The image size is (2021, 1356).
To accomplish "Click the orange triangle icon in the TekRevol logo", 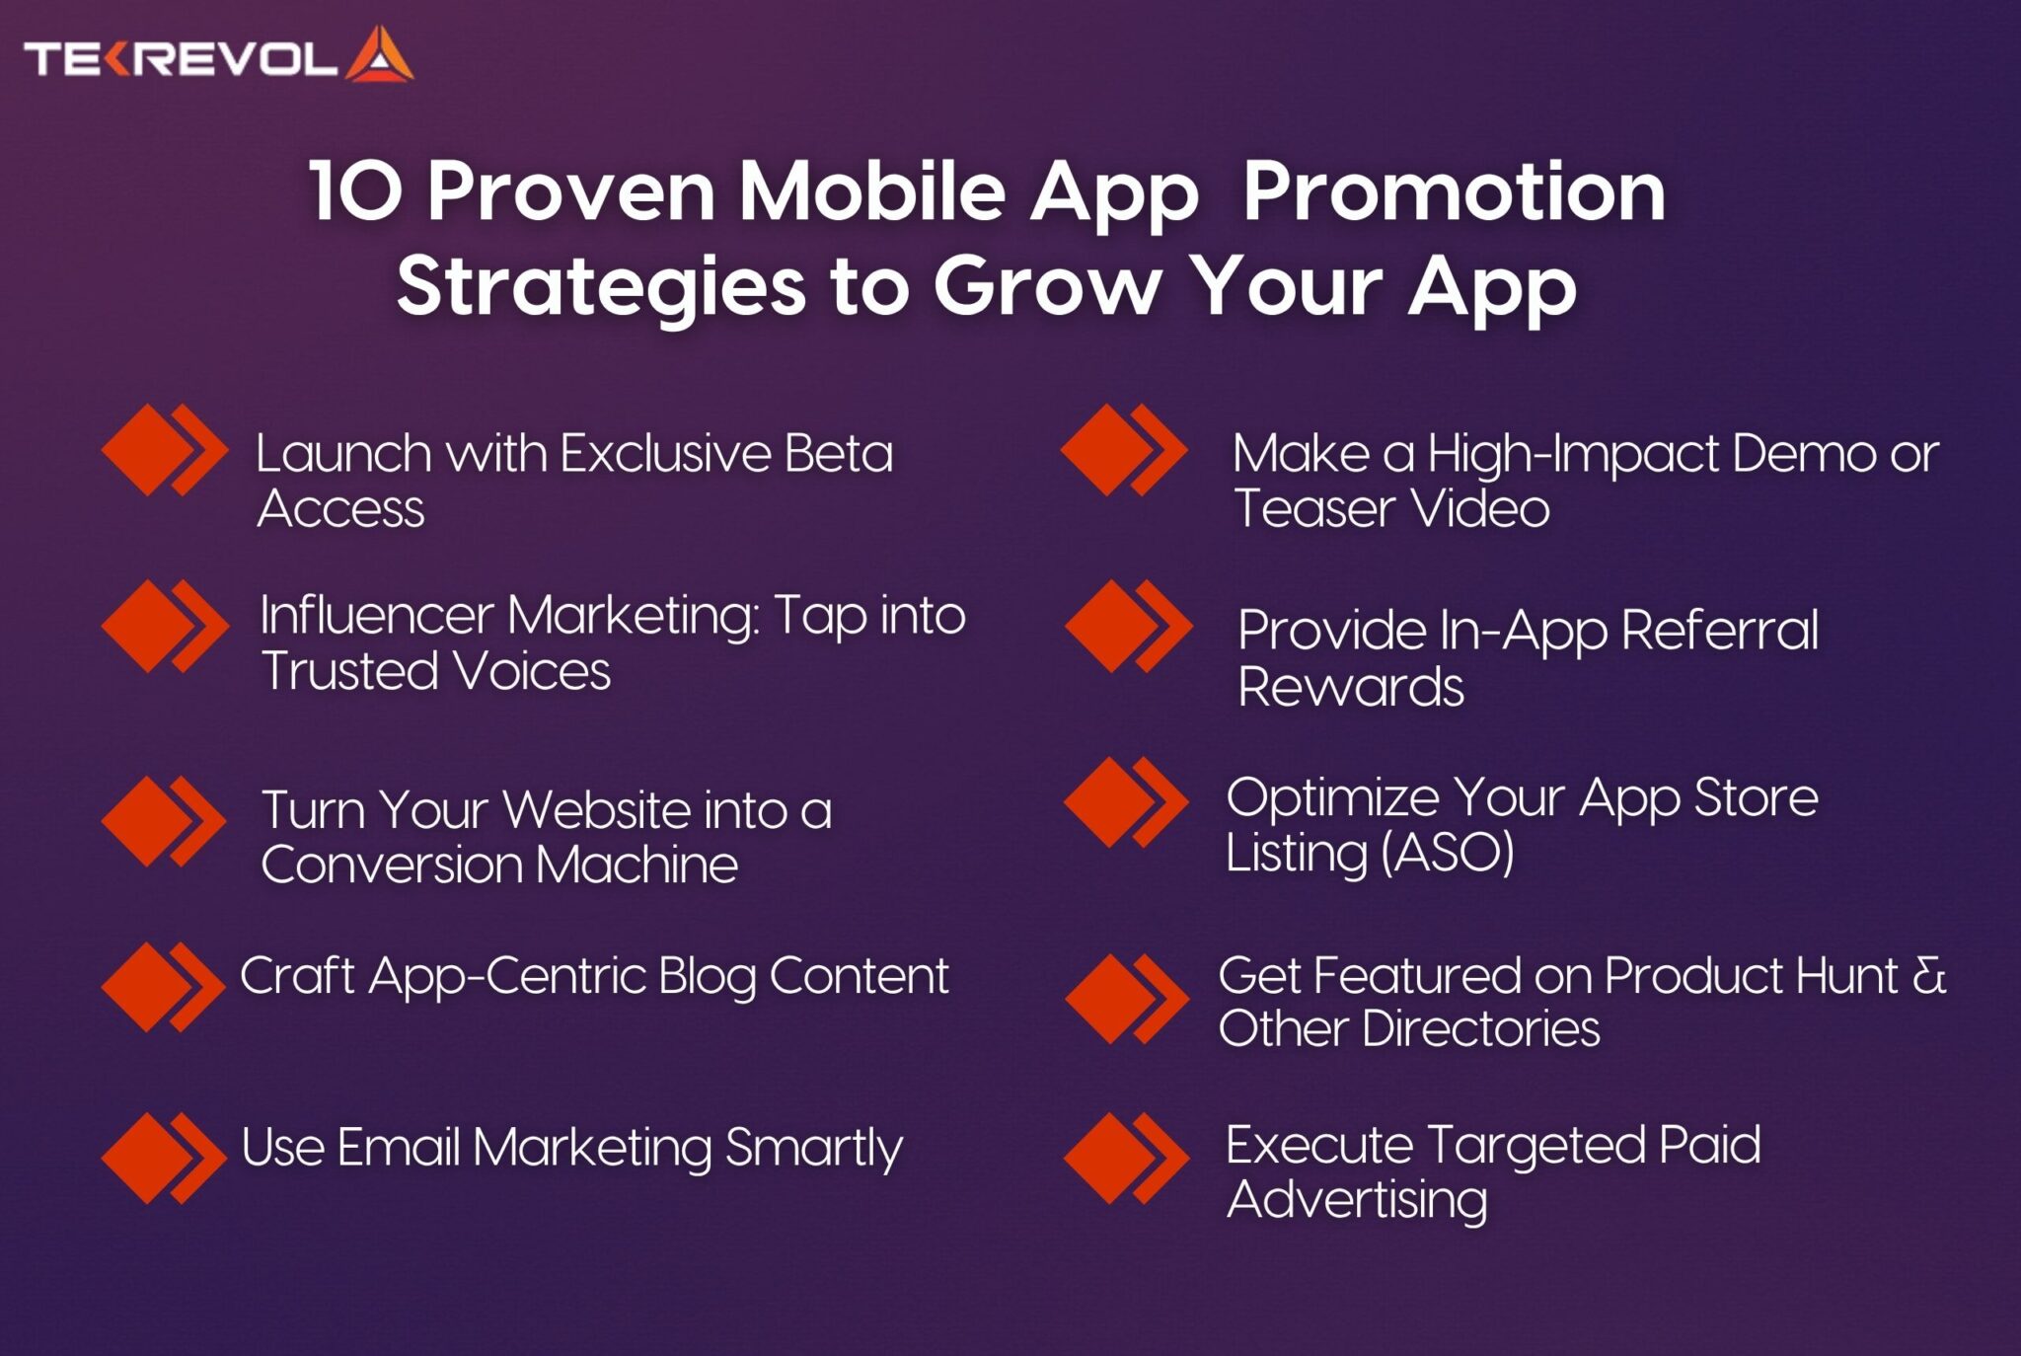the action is click(379, 55).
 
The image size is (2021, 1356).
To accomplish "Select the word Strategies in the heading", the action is click(602, 286).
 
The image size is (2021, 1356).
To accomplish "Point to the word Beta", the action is click(839, 454).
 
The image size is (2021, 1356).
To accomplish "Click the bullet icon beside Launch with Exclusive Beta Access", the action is click(165, 450).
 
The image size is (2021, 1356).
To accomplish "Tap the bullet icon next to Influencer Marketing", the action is click(165, 627).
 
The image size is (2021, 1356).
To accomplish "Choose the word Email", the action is click(399, 1148).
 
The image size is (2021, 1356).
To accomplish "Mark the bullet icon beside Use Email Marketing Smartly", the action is click(164, 1159).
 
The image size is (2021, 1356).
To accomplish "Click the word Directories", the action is click(1481, 1029).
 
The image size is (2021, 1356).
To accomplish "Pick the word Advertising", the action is click(1357, 1201).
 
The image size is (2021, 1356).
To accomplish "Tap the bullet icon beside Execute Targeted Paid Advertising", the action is click(1127, 1159).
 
